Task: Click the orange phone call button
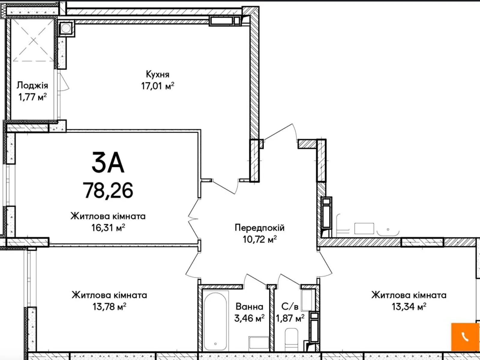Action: pos(465,337)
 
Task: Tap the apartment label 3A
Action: pos(108,162)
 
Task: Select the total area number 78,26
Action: pos(108,190)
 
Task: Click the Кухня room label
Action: pos(157,74)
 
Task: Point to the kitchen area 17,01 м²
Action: pos(157,86)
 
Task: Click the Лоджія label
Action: pos(32,85)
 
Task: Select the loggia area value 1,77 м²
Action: pos(32,97)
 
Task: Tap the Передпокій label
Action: pos(259,228)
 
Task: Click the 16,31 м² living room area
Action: pos(108,228)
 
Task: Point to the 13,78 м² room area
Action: pos(109,306)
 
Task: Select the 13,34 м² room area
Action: pos(409,306)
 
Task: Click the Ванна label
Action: pos(249,307)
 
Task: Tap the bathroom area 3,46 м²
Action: pos(249,318)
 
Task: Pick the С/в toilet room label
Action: pos(290,306)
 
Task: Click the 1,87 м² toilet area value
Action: pos(290,318)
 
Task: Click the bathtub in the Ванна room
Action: pos(215,322)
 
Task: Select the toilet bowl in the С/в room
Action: pos(292,340)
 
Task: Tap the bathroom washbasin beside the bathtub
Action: pos(259,343)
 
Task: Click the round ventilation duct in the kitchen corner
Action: pos(66,28)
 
